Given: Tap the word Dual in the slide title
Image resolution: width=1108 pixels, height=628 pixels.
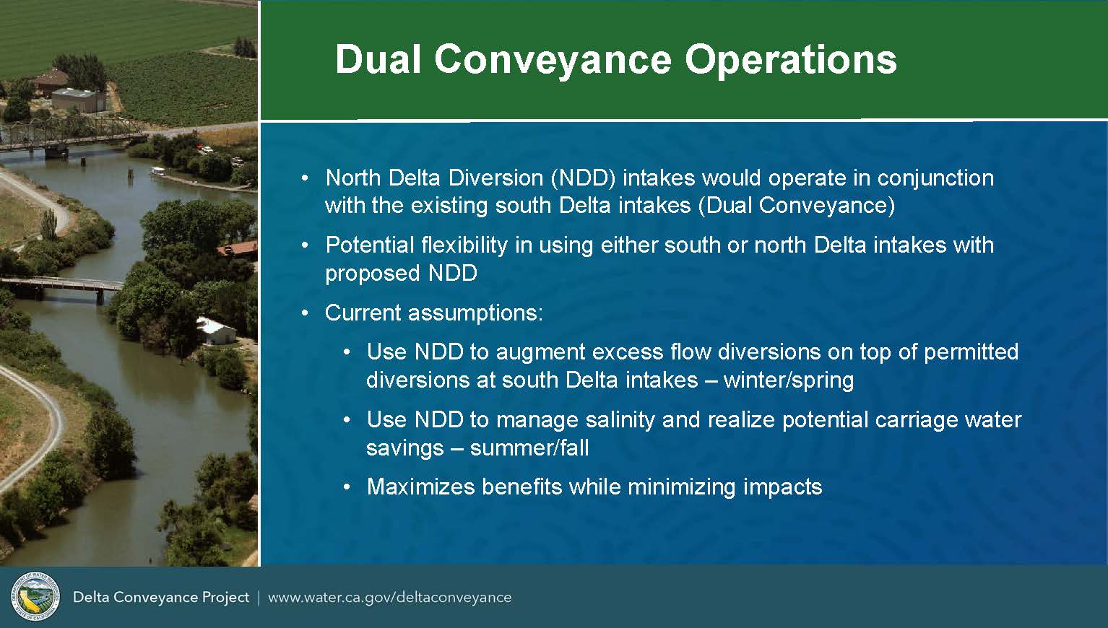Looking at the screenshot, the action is pyautogui.click(x=378, y=59).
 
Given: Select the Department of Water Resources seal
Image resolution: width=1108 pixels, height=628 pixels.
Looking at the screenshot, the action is pyautogui.click(x=35, y=597).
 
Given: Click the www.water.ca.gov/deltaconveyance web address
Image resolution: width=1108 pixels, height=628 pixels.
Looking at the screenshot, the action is pyautogui.click(x=390, y=598).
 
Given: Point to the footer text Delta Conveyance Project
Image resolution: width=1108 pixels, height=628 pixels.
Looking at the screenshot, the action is pyautogui.click(x=161, y=598).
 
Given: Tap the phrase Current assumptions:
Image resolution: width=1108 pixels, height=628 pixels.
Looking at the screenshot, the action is pyautogui.click(x=434, y=313).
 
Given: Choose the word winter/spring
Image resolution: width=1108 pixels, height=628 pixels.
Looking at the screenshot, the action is pyautogui.click(x=789, y=380).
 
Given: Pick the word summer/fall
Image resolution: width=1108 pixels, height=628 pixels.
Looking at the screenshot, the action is pyautogui.click(x=529, y=448).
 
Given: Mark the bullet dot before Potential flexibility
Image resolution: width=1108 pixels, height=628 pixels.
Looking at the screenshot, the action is pyautogui.click(x=306, y=245).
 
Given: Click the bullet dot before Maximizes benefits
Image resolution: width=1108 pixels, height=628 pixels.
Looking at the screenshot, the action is pyautogui.click(x=347, y=487).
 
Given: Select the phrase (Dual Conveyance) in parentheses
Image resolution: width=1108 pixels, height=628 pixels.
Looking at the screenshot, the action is pyautogui.click(x=797, y=205).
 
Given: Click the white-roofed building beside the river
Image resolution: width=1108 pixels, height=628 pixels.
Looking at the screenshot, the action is pyautogui.click(x=216, y=331).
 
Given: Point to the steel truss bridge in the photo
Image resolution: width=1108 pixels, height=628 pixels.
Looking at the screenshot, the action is pyautogui.click(x=69, y=134).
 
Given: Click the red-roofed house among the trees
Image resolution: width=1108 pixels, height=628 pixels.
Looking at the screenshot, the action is pyautogui.click(x=238, y=249).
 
